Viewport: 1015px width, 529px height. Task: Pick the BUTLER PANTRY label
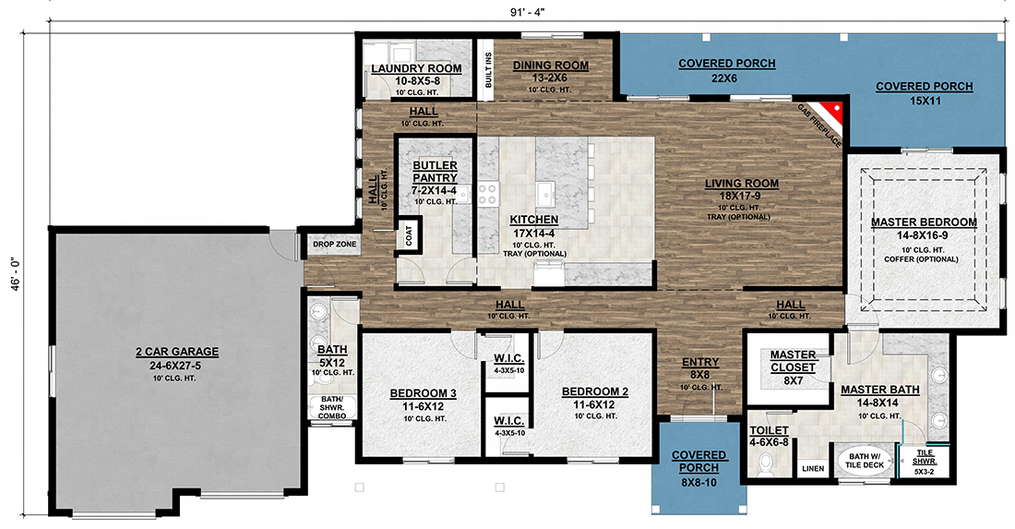[435, 171]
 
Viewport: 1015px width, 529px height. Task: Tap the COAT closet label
[407, 235]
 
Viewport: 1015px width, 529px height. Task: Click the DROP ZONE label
[334, 244]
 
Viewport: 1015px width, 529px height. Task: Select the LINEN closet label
[812, 469]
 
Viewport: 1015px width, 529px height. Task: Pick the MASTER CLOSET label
[793, 360]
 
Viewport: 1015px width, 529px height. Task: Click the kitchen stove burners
[486, 193]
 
